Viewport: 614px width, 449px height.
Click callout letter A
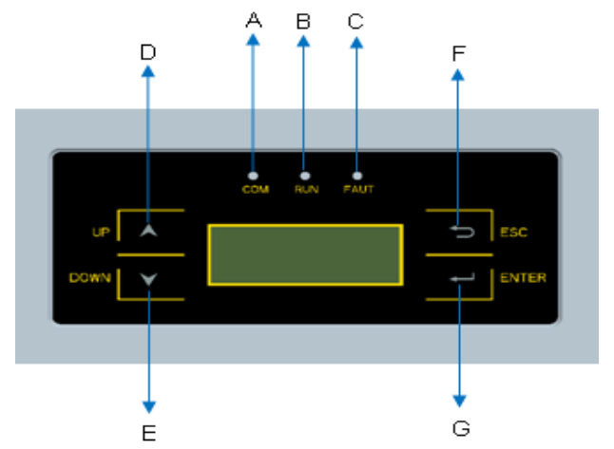tap(254, 20)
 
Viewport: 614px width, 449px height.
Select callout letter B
tap(304, 20)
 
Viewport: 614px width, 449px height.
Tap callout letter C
tap(355, 20)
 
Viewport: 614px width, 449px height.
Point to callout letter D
tap(148, 52)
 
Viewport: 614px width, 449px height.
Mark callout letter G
tap(461, 428)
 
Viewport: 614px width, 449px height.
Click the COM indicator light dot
tap(254, 176)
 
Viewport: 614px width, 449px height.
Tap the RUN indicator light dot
tap(305, 176)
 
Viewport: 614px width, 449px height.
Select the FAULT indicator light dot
tap(356, 176)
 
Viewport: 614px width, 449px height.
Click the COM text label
tap(255, 190)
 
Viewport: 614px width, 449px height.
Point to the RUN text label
tap(305, 190)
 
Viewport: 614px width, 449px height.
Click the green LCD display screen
tap(305, 254)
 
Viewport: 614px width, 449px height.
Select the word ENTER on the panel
tap(523, 278)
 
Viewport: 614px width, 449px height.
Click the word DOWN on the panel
tap(89, 278)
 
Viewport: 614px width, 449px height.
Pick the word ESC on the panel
tap(513, 232)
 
